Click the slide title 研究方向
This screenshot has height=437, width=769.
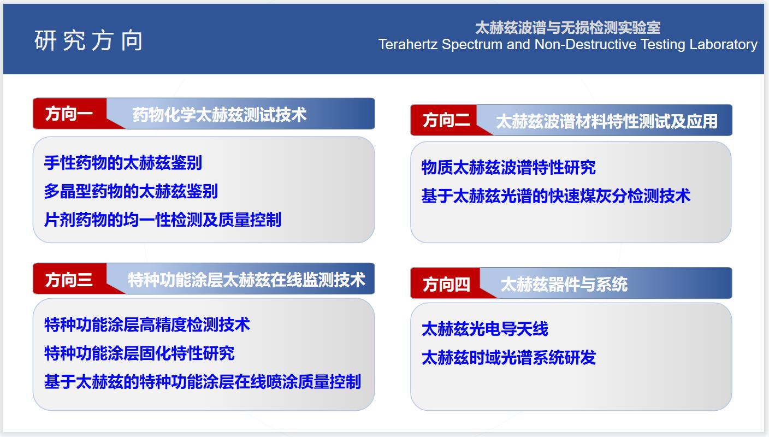pos(88,40)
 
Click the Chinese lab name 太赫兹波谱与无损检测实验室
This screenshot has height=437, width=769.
pos(568,27)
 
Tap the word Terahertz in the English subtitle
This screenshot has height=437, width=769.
pos(408,44)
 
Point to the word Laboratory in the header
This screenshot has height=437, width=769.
pos(723,45)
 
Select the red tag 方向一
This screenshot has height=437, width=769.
pos(69,114)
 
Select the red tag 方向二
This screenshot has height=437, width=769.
pos(446,121)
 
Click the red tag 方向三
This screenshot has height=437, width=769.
pos(69,280)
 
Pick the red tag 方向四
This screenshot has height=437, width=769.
pos(446,285)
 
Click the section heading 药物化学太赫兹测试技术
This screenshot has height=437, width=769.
pos(220,114)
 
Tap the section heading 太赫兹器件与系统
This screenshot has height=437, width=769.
pos(564,285)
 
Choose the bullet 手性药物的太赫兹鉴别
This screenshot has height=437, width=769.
pos(123,162)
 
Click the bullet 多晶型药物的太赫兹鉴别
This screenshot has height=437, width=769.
pos(131,191)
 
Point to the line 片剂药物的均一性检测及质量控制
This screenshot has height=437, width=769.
pos(163,220)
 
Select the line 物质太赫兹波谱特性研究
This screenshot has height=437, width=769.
pos(508,168)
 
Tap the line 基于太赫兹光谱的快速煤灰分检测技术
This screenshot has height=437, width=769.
pos(556,196)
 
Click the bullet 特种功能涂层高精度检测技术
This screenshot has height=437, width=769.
pos(147,325)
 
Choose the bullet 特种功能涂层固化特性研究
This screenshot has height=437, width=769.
pos(139,353)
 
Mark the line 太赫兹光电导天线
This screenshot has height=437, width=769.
pos(485,329)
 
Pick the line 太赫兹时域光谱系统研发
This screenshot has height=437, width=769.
pos(508,358)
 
